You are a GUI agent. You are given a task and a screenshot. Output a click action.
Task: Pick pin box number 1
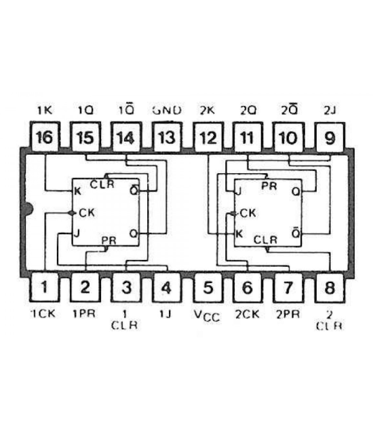[44, 286]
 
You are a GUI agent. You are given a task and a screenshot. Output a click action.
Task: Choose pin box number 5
[208, 286]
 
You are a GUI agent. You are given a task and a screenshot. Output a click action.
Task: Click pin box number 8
[330, 286]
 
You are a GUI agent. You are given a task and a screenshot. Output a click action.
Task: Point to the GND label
[166, 109]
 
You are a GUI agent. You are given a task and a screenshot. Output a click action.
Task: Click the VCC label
[208, 316]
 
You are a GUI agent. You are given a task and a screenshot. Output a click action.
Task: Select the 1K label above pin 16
[44, 109]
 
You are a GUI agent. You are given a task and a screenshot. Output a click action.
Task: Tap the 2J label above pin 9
[330, 109]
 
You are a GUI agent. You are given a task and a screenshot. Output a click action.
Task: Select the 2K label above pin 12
[208, 109]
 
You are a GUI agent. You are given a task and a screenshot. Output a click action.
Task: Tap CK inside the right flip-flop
[248, 212]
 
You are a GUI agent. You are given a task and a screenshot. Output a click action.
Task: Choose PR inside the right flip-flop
[269, 185]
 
